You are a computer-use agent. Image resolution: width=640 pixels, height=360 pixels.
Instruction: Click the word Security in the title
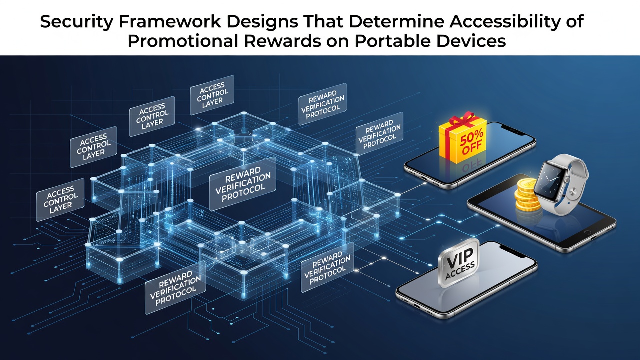point(76,22)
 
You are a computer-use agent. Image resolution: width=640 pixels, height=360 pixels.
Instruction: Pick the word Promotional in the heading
point(183,41)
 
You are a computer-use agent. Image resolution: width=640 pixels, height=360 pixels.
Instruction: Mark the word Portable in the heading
point(393,41)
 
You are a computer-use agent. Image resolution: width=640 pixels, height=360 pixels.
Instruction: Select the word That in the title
point(323,21)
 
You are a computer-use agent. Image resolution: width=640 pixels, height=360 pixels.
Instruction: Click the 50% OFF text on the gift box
point(471,141)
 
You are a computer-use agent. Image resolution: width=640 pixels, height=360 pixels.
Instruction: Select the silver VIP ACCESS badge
point(459,263)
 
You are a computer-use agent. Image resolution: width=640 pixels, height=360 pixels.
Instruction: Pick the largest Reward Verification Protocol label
point(243,184)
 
